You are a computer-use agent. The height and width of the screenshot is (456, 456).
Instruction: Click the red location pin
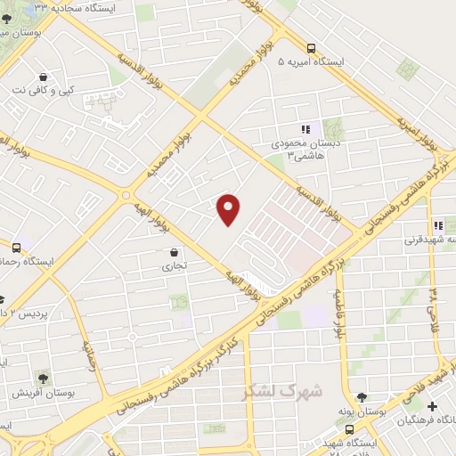coord(229,209)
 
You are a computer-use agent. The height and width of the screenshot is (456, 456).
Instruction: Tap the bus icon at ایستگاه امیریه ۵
coord(310,49)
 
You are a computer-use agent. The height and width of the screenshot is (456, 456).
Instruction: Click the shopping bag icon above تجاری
coord(172,252)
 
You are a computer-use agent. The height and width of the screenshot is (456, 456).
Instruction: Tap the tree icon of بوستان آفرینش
coord(43,378)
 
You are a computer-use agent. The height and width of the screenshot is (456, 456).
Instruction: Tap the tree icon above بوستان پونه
coord(361,397)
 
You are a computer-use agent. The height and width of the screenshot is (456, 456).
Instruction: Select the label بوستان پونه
coord(361,411)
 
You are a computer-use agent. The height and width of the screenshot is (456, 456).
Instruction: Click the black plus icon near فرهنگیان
coord(432,405)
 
